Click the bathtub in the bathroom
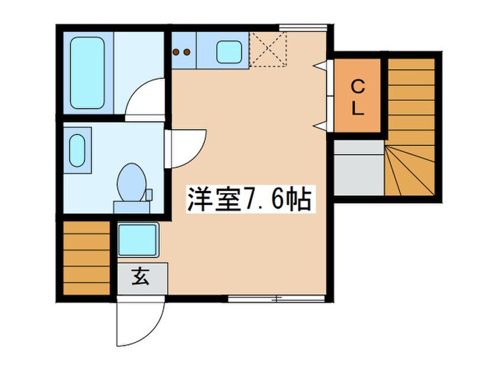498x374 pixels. tap(87, 73)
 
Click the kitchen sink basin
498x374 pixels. tap(228, 52)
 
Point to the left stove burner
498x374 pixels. tap(177, 51)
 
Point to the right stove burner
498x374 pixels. tap(187, 51)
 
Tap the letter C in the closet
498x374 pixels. tap(359, 87)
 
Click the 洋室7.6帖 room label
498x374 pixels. tap(249, 199)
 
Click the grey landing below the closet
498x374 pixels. tap(359, 169)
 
